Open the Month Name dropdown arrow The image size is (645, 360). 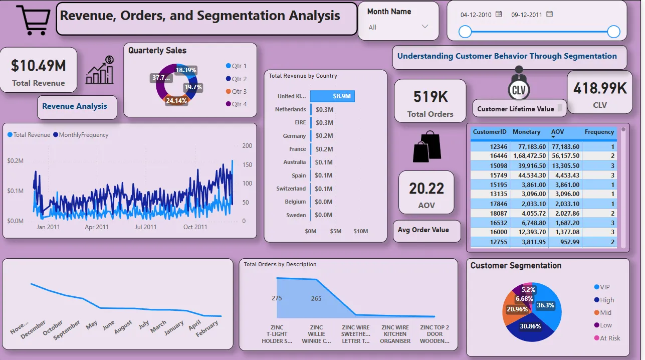tap(425, 27)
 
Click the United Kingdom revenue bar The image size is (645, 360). tap(332, 96)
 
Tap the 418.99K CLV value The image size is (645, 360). tap(600, 89)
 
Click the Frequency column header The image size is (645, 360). tap(599, 132)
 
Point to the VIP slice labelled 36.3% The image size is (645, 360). tap(545, 305)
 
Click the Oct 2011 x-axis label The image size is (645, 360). tap(195, 227)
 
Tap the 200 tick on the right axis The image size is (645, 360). tap(247, 146)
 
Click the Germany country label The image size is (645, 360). tap(294, 136)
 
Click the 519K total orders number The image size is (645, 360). tap(430, 96)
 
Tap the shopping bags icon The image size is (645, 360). tap(426, 146)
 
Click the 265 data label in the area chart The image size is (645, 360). tap(316, 298)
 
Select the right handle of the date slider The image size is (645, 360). tap(613, 32)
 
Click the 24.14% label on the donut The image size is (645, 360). tap(176, 100)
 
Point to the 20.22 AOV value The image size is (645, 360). tap(426, 189)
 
